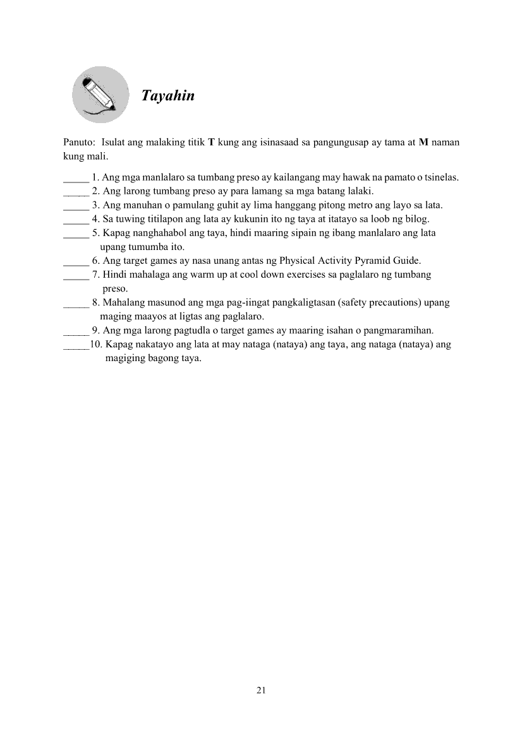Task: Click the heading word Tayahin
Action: (x=167, y=96)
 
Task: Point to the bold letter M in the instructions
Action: (x=424, y=143)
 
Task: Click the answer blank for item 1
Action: (x=76, y=178)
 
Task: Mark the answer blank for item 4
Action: (x=76, y=220)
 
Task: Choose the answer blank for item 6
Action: (x=76, y=260)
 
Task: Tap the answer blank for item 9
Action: (x=76, y=330)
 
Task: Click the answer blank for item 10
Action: (x=76, y=345)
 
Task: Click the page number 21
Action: (x=261, y=690)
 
